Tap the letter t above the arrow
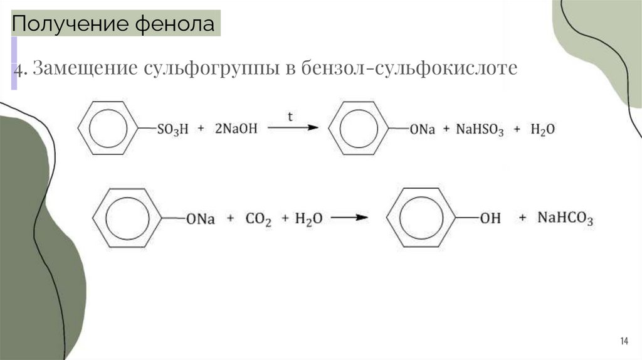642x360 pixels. click(x=290, y=117)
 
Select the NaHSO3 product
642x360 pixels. click(x=480, y=130)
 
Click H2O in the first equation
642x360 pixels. click(x=542, y=130)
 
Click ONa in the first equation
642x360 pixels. click(x=422, y=130)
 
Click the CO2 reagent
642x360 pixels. click(x=258, y=220)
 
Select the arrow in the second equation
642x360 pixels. click(x=349, y=218)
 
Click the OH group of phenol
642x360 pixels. click(x=490, y=219)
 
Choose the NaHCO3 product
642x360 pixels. click(x=564, y=220)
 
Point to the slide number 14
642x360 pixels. click(x=624, y=341)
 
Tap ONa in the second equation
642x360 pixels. click(x=200, y=220)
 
